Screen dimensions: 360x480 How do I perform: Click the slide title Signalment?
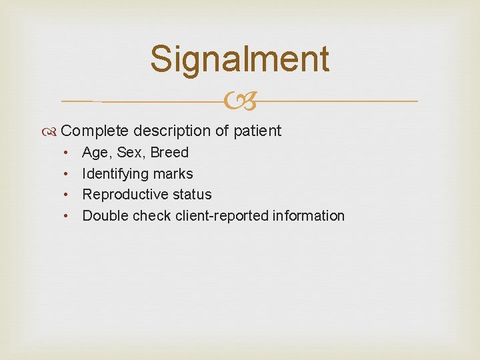239,59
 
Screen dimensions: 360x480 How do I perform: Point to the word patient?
257,131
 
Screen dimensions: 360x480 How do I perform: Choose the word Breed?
169,153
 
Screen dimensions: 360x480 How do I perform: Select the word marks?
172,174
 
